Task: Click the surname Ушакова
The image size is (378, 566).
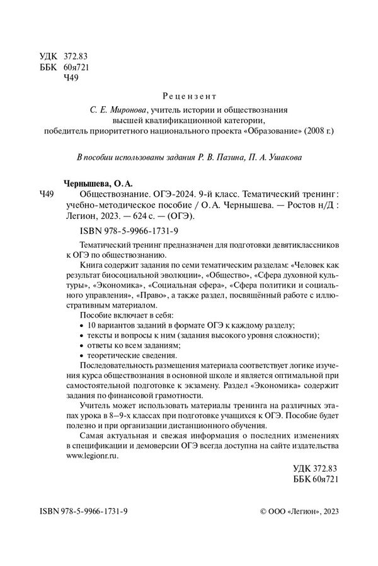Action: (x=287, y=158)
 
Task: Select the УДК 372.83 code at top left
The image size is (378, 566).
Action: (x=66, y=57)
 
